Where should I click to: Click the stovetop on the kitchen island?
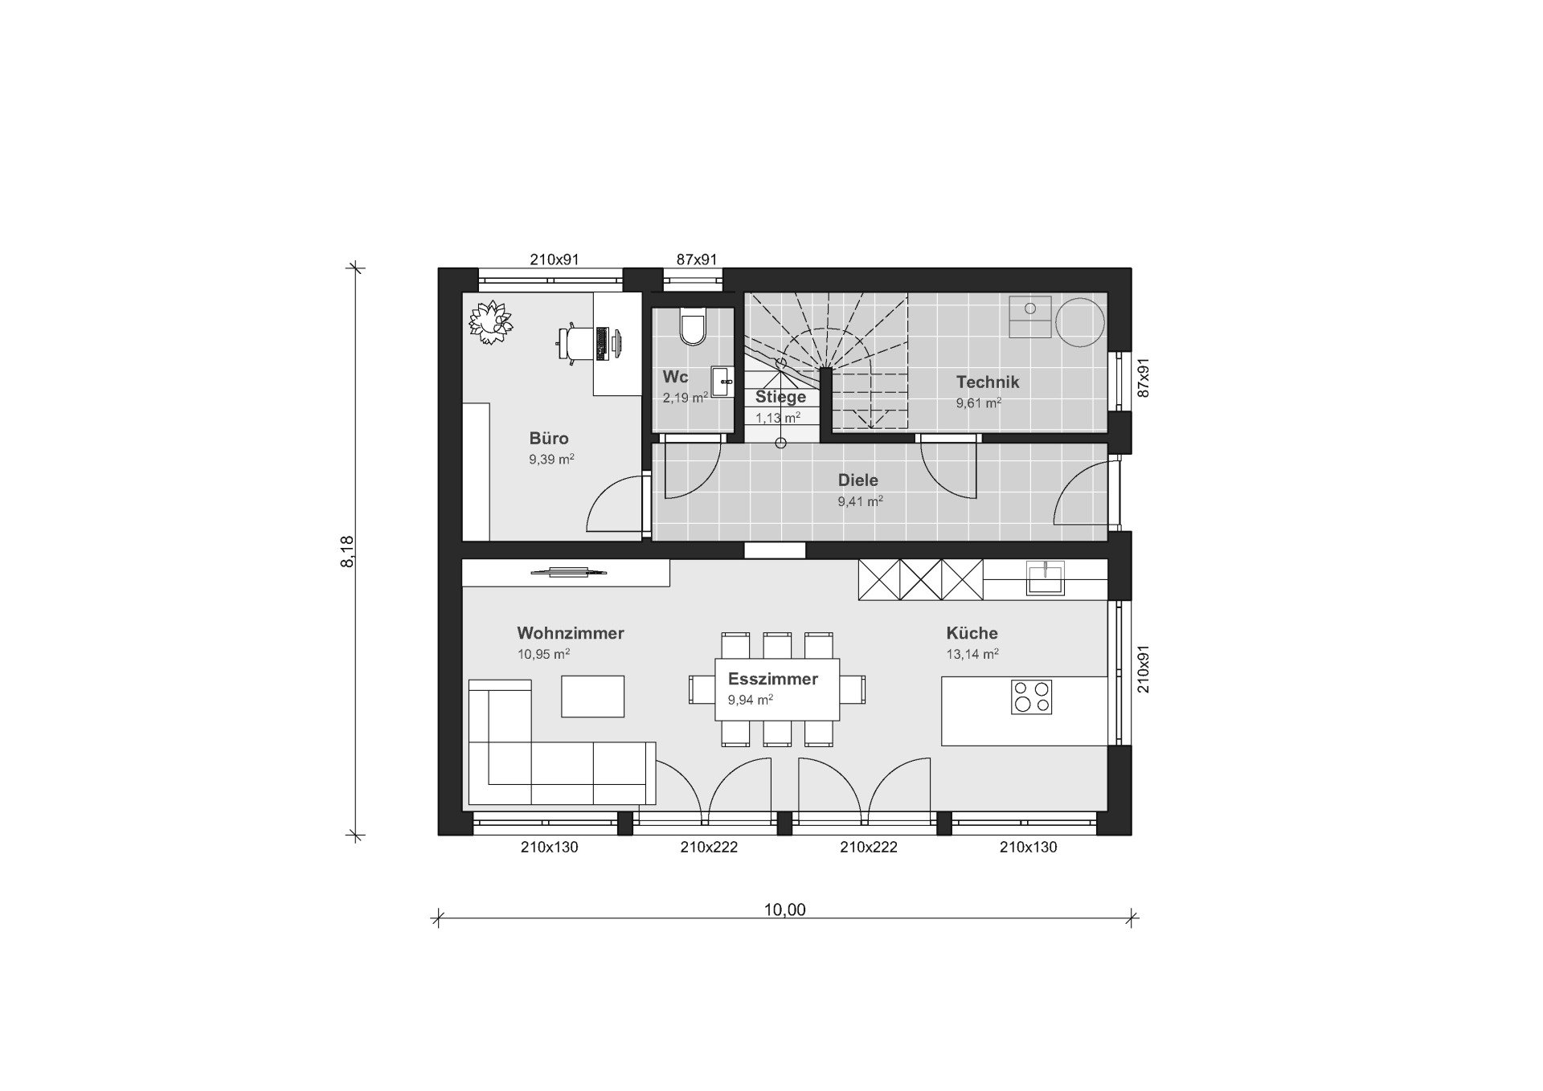click(1031, 697)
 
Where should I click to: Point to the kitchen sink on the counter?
click(1046, 578)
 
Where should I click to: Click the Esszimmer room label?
click(773, 679)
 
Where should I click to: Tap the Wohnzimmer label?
click(571, 633)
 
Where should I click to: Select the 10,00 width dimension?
click(784, 909)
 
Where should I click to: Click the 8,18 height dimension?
click(347, 552)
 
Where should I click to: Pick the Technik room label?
click(988, 382)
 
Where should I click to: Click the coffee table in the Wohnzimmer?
click(593, 697)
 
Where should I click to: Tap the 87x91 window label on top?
click(697, 259)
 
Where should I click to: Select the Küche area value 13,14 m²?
click(972, 654)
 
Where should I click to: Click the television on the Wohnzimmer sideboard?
click(567, 572)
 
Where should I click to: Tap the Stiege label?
click(780, 397)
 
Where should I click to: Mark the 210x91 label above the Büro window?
click(555, 259)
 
